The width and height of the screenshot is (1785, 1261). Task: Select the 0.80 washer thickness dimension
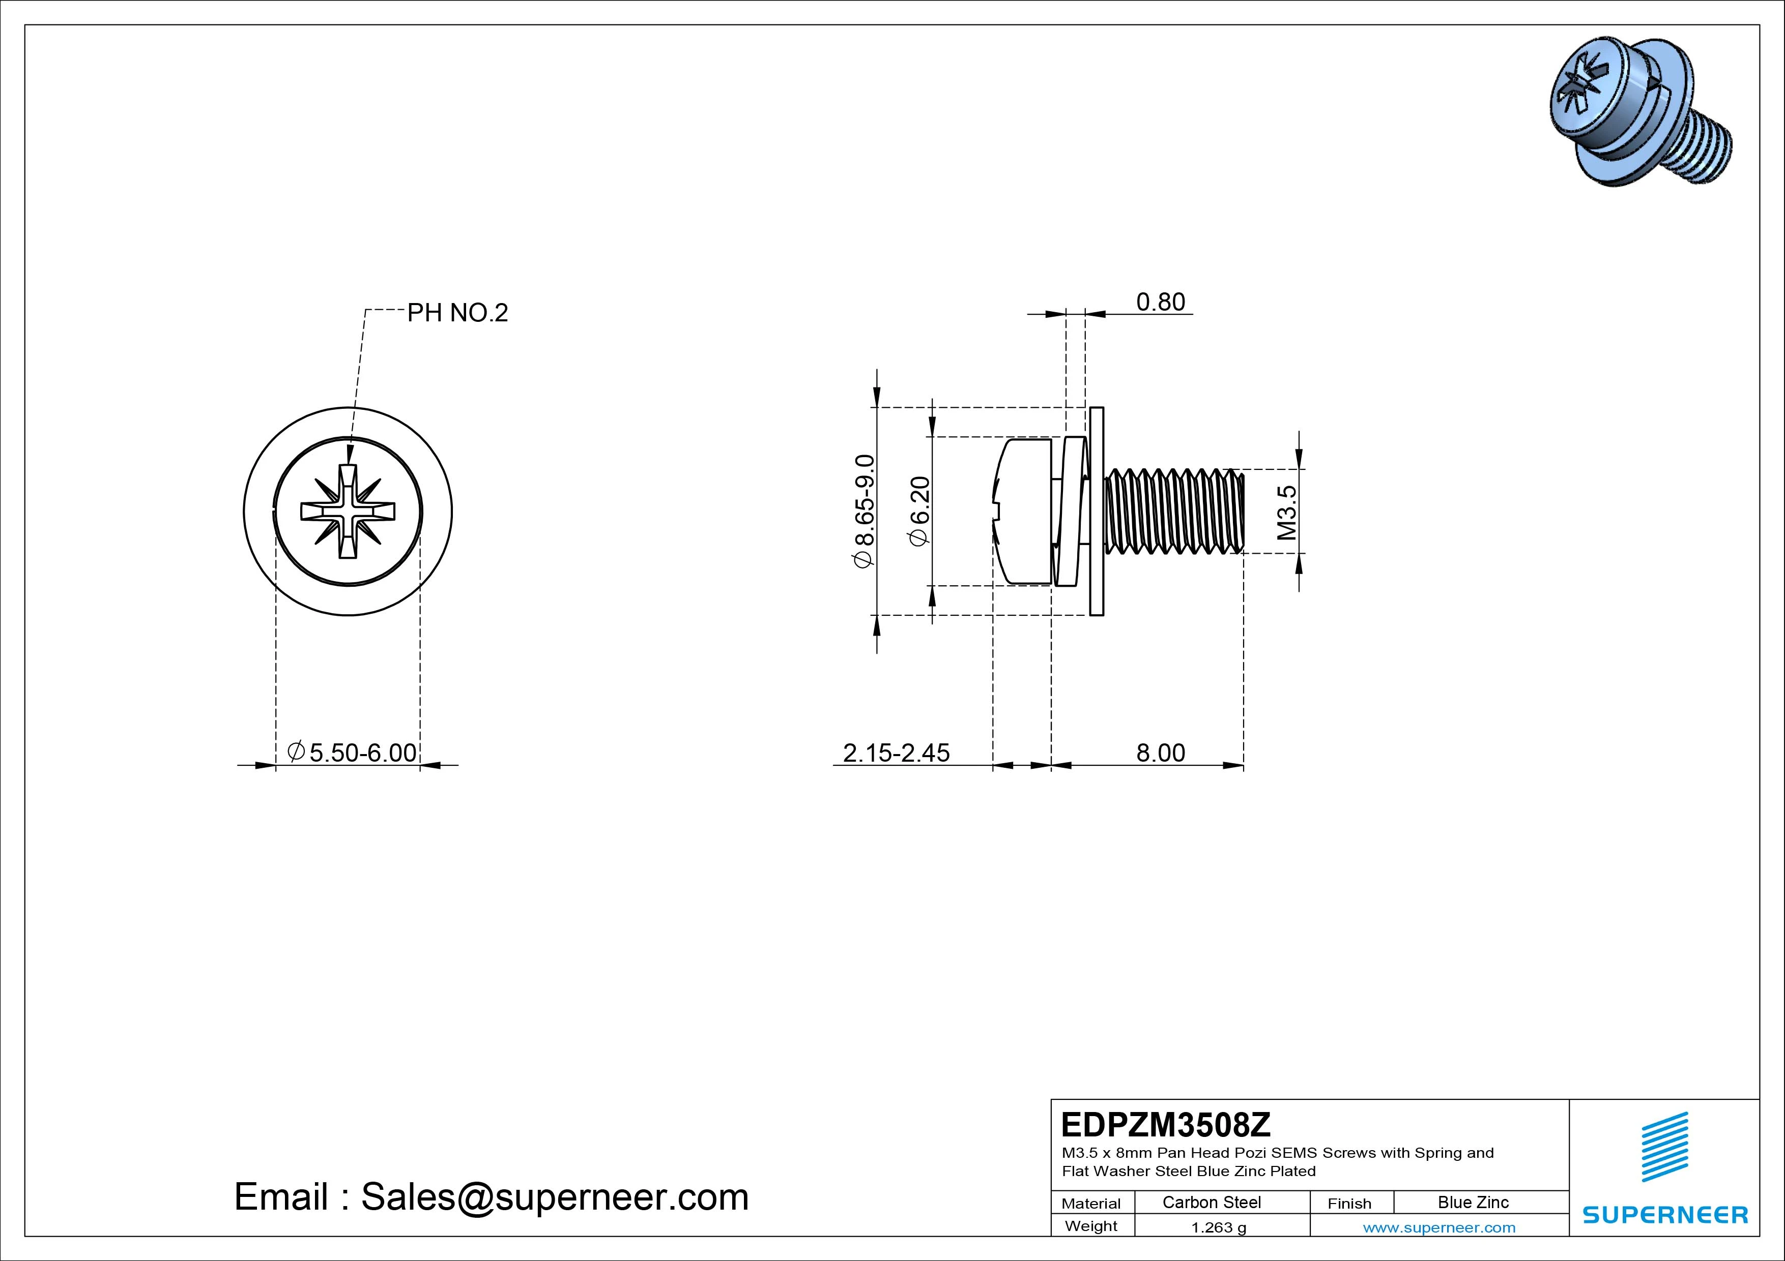pyautogui.click(x=1160, y=302)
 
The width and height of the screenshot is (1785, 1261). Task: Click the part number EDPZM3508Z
pyautogui.click(x=1165, y=1124)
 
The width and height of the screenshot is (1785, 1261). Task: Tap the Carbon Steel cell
pyautogui.click(x=1211, y=1202)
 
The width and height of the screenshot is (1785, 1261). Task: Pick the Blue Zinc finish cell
pyautogui.click(x=1473, y=1202)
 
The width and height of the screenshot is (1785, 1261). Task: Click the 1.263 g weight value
pyautogui.click(x=1218, y=1227)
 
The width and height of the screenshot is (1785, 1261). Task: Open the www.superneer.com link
pyautogui.click(x=1438, y=1227)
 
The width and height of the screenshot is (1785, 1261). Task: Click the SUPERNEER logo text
pyautogui.click(x=1664, y=1214)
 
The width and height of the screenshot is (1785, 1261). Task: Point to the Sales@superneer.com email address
pyautogui.click(x=554, y=1196)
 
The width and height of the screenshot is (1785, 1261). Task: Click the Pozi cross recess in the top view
pyautogui.click(x=348, y=511)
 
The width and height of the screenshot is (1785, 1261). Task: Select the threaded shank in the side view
pyautogui.click(x=1174, y=511)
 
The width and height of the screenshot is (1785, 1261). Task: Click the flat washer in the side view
pyautogui.click(x=1096, y=511)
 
